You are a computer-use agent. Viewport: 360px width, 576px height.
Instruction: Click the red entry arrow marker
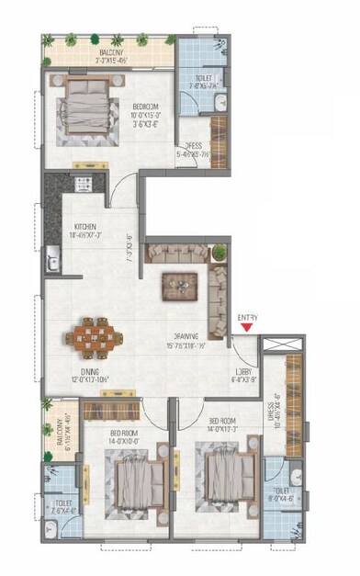244,326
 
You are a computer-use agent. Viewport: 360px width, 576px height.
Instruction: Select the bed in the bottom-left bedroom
125,478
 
